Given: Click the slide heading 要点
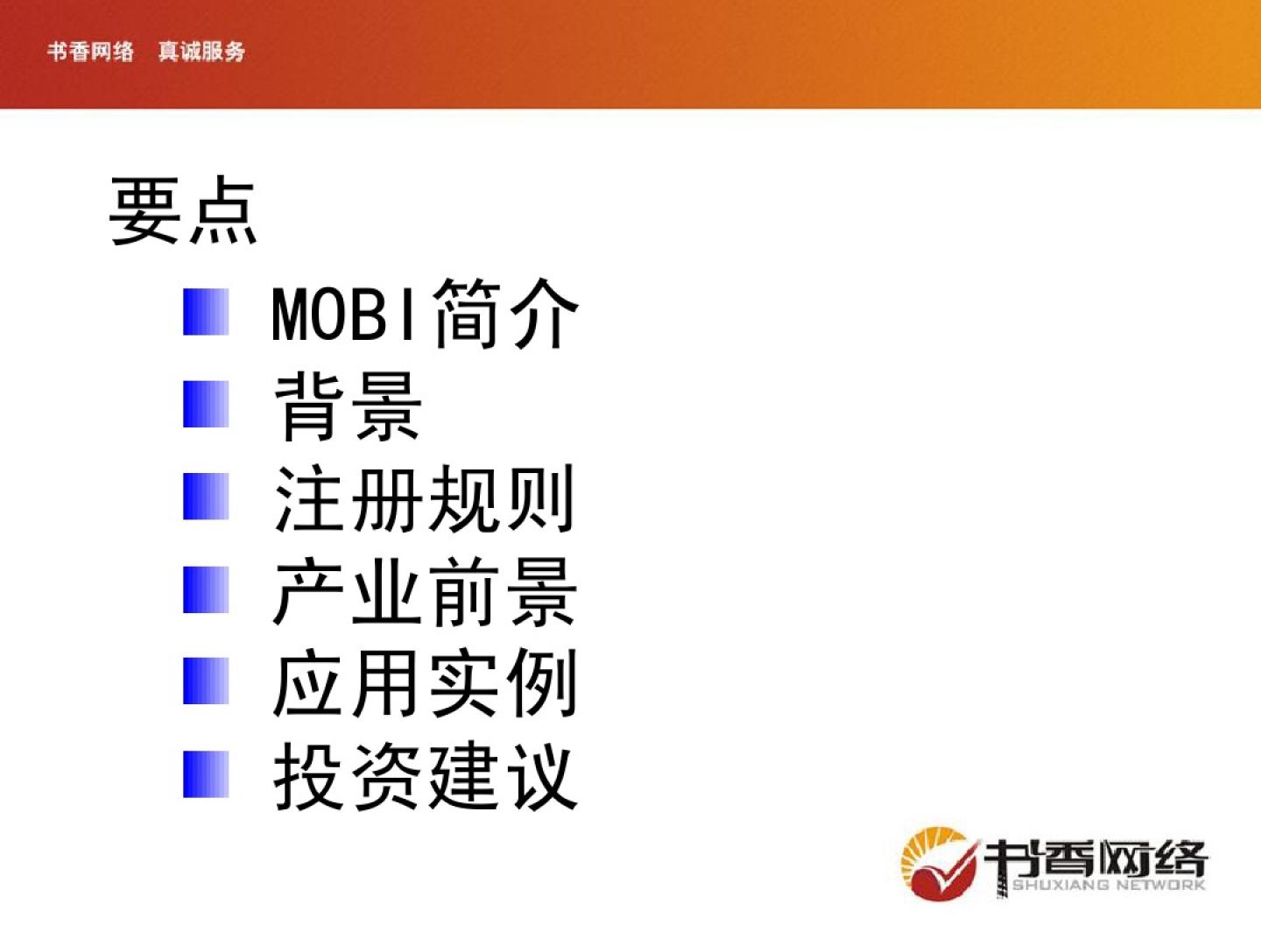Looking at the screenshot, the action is coord(183,210).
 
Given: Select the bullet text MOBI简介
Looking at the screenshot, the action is coord(425,314).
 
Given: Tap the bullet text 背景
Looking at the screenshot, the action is coord(349,406).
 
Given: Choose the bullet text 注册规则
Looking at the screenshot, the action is coord(425,498).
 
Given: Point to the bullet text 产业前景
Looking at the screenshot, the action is coord(425,591).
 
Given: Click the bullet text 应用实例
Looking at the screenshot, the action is coord(425,683).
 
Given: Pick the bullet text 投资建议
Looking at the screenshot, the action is coord(426,775).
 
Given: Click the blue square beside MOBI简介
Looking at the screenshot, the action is coord(206,312).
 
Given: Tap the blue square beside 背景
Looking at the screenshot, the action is coord(206,404).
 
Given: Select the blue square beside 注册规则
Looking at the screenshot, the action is coord(206,497).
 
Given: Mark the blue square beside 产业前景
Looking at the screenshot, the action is coord(206,589).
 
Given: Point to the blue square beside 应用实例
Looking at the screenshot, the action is coord(206,681).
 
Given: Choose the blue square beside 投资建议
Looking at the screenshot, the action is coord(206,774).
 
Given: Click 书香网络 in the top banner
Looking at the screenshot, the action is coord(90,52).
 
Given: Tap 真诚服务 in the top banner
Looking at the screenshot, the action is coord(201,52).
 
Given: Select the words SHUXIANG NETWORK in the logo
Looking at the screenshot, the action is coord(1108,885).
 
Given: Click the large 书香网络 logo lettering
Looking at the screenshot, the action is coord(1096,858).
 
